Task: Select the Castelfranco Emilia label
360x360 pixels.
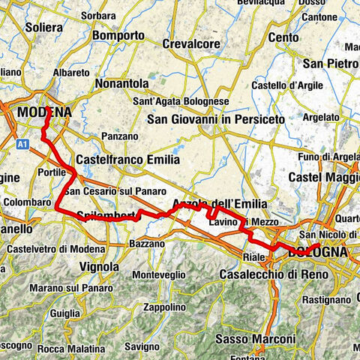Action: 128,160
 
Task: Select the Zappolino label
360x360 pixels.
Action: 165,307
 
